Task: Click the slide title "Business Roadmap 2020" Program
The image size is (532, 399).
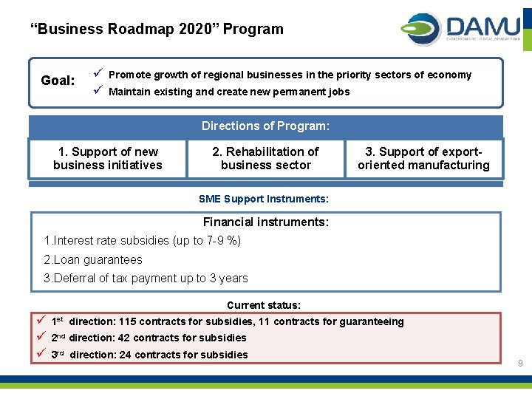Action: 157,30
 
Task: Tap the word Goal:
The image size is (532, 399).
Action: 58,81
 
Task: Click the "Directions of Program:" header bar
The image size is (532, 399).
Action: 265,126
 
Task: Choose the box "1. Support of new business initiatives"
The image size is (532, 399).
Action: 107,158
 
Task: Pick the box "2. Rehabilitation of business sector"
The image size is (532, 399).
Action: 265,158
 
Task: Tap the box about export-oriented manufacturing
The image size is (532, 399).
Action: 423,158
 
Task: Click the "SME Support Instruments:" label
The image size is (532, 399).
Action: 264,199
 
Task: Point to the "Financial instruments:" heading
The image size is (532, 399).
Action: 265,222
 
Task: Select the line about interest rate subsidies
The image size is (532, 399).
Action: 143,241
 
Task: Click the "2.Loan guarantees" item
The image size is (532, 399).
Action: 93,259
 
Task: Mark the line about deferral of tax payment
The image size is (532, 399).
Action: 146,278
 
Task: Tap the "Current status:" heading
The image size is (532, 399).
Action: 264,305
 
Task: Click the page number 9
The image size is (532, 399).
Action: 520,364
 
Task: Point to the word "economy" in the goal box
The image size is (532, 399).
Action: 450,75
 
